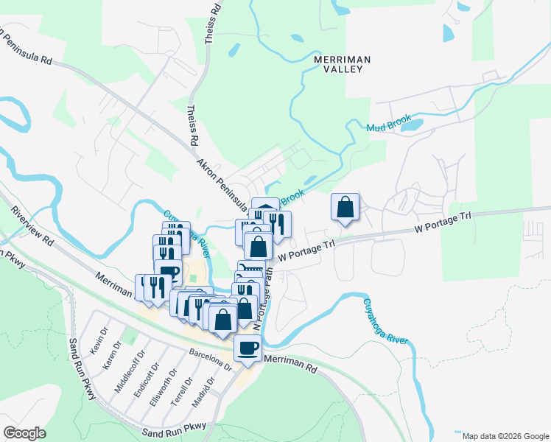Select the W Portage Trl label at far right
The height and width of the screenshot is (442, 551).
coord(442,224)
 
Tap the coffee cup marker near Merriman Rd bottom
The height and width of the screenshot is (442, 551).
coord(248,349)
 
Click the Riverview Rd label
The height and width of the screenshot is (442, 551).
coord(32,227)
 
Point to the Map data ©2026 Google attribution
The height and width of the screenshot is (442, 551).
coord(505,436)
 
